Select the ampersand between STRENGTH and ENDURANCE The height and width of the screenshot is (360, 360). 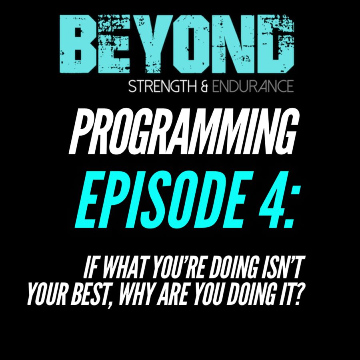204,87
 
